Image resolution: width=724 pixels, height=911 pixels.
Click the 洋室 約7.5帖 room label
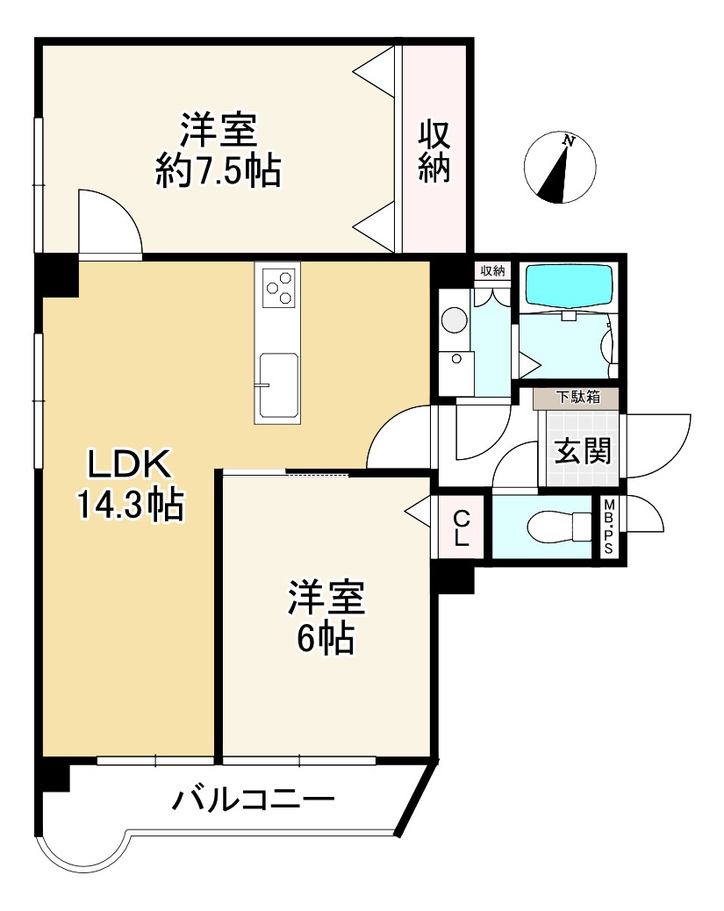pos(218,150)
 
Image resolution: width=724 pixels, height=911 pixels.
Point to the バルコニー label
pos(253,800)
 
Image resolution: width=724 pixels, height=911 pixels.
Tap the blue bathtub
pos(566,286)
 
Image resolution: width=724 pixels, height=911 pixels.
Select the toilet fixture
pos(559,527)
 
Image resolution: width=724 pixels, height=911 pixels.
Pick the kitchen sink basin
pos(277,386)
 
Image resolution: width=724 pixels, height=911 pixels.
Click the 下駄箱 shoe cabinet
pos(577,398)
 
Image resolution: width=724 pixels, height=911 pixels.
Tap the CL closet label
pos(461,527)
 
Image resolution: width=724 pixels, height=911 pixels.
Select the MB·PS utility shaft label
pos(607,527)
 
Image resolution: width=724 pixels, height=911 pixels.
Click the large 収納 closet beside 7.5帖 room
pos(434,150)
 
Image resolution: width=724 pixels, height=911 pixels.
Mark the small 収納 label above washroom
pos(493,270)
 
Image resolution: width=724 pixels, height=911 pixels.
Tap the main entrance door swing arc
pos(655,446)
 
